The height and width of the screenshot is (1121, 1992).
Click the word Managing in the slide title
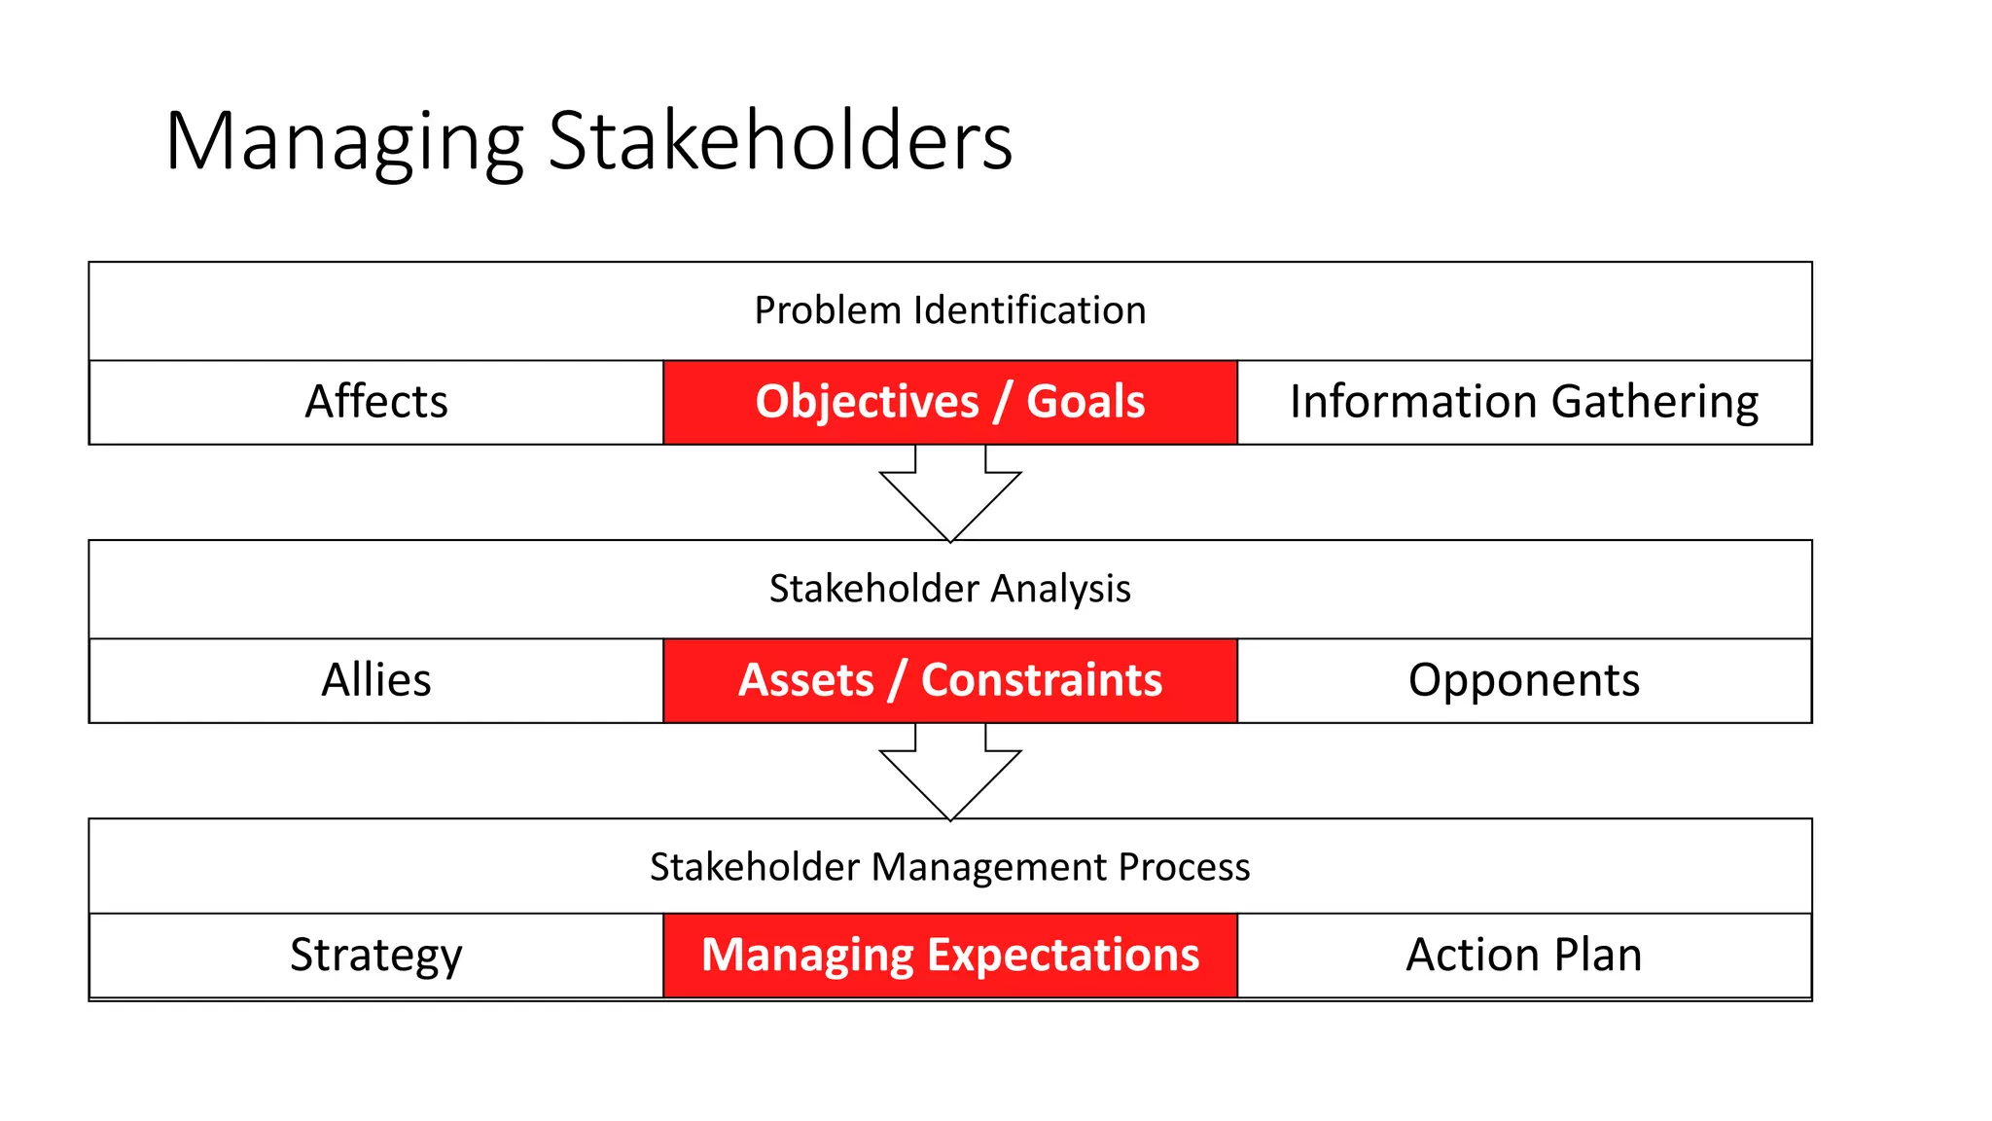(x=344, y=143)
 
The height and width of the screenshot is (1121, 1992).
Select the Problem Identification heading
(x=949, y=310)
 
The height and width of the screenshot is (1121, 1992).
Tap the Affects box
(x=376, y=402)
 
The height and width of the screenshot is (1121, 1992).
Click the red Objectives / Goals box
(x=949, y=402)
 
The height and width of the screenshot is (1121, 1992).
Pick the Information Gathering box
(x=1523, y=402)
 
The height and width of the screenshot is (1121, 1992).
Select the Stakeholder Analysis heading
(x=949, y=589)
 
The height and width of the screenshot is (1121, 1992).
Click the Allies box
(x=376, y=680)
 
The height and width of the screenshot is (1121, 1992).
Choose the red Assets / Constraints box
(x=949, y=680)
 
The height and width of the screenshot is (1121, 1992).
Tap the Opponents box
(x=1523, y=680)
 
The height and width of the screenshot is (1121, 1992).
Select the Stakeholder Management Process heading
(x=949, y=867)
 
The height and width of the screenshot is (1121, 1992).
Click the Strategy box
(x=376, y=955)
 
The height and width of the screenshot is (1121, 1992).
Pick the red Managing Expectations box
(x=949, y=955)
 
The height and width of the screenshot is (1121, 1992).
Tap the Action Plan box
(x=1523, y=955)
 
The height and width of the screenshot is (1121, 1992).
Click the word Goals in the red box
(x=1085, y=402)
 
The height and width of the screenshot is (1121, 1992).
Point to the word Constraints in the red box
(x=1041, y=680)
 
